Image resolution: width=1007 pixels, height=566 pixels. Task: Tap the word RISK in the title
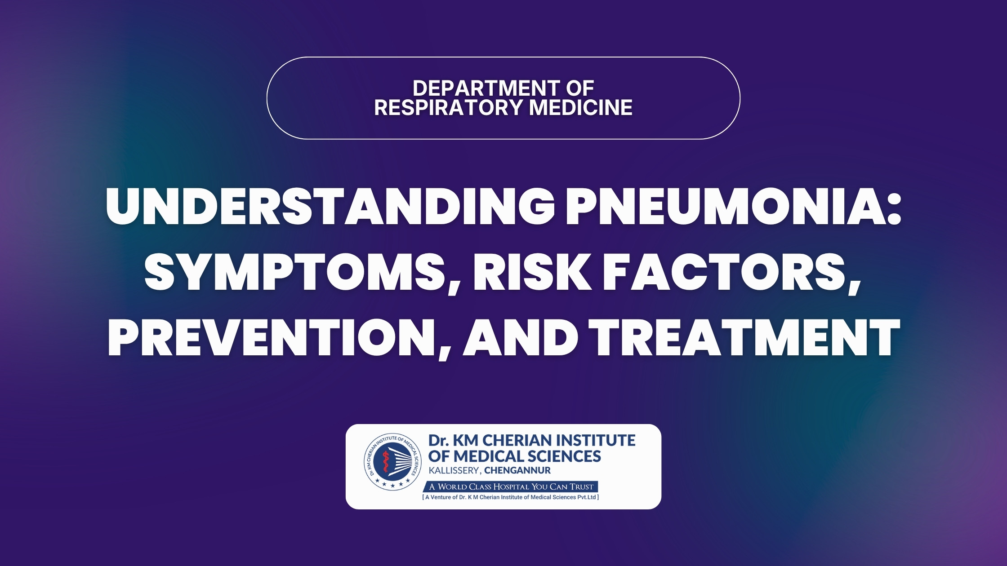tap(532, 272)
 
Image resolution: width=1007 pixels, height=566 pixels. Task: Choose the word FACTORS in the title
tap(732, 272)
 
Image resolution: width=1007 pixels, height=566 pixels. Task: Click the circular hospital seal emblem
tap(393, 461)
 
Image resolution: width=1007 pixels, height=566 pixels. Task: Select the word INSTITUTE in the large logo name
tap(596, 440)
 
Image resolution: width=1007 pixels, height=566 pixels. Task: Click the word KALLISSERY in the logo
tap(454, 471)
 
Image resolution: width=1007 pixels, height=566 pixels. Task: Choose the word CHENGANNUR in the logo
tap(517, 471)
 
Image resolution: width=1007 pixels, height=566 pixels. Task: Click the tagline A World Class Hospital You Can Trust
tap(511, 486)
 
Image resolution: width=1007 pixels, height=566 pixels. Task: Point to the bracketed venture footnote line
tap(511, 497)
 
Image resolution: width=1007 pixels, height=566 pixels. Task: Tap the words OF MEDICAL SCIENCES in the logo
tap(514, 456)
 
